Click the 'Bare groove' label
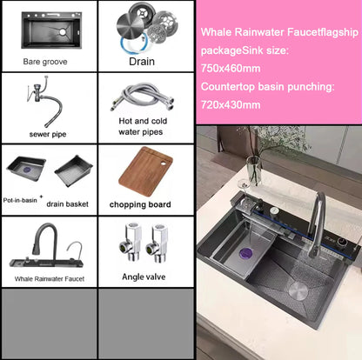(47, 63)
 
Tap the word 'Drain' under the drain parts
(142, 63)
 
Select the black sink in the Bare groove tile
(47, 30)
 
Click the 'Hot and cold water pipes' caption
(142, 126)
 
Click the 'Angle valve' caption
(142, 277)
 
